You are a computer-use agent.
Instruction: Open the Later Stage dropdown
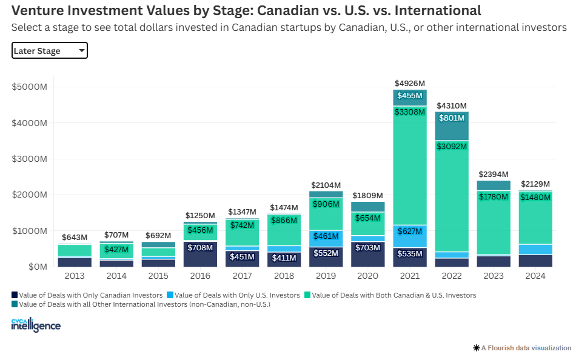click(50, 51)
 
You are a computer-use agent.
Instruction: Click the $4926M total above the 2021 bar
click(410, 83)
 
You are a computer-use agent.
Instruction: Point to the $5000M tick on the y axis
click(29, 87)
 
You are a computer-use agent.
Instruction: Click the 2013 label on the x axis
click(74, 276)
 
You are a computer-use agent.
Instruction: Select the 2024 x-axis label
click(535, 276)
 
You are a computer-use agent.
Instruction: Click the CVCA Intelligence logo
click(36, 325)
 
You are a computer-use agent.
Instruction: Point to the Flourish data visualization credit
click(522, 348)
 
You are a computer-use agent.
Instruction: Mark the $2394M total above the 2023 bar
click(494, 174)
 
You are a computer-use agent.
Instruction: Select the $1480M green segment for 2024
click(535, 197)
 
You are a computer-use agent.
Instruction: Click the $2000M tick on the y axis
click(29, 195)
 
